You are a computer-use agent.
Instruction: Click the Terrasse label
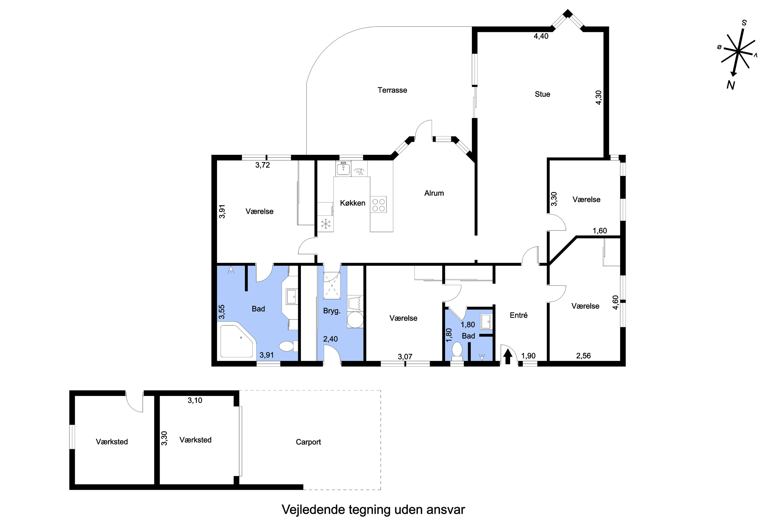(x=392, y=90)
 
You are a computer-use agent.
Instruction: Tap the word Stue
(x=542, y=94)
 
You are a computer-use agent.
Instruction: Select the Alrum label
(x=434, y=193)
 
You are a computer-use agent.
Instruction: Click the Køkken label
(x=352, y=203)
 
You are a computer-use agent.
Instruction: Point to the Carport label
(x=308, y=442)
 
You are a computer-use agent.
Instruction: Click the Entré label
(x=518, y=316)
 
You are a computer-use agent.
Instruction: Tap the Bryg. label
(x=332, y=311)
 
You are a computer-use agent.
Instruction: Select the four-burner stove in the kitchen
(x=379, y=204)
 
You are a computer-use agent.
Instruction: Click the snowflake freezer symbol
(x=326, y=224)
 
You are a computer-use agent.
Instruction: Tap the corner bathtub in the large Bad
(x=238, y=341)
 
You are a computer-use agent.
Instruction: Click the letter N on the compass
(x=731, y=85)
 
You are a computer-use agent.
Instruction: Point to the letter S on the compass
(x=744, y=23)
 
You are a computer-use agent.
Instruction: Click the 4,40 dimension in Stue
(x=541, y=36)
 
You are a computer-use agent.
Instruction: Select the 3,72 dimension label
(x=262, y=165)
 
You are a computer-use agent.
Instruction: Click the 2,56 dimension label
(x=583, y=356)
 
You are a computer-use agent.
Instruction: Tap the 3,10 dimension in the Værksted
(x=195, y=400)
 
